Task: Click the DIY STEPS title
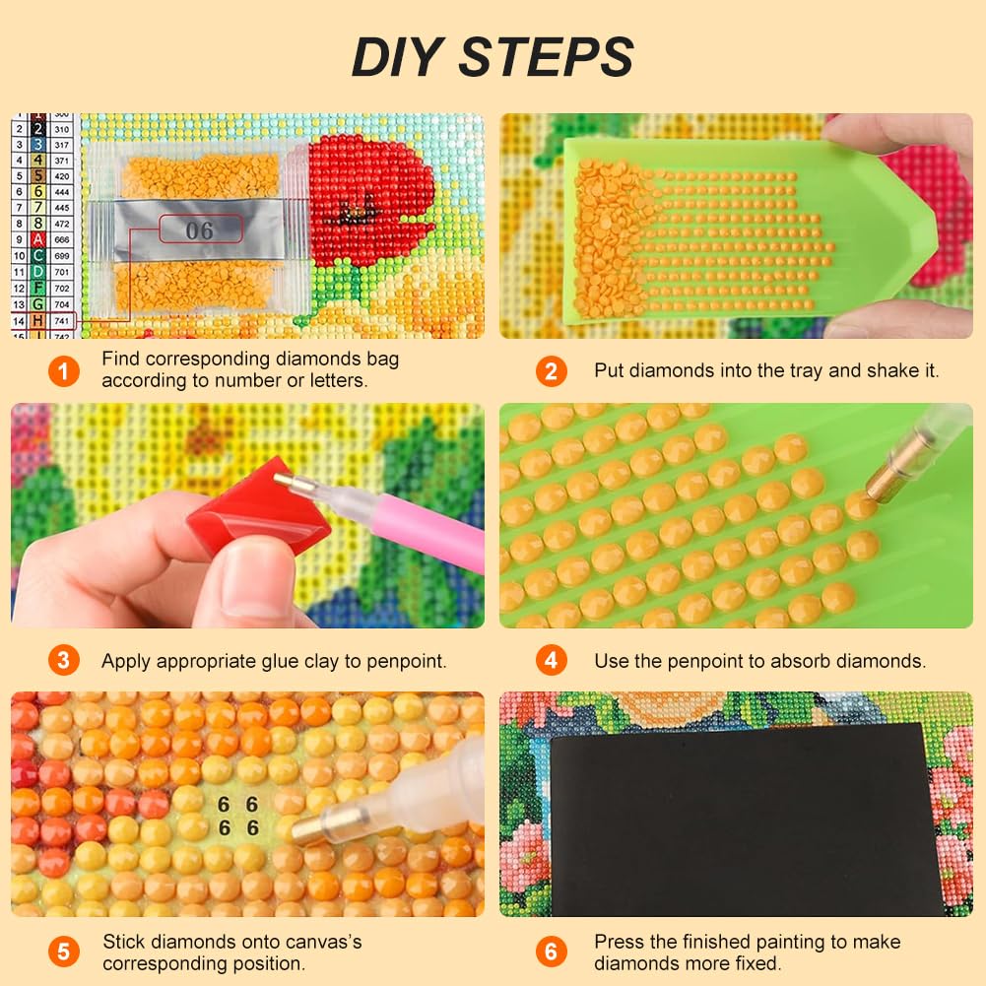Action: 493,56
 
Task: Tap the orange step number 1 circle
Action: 64,371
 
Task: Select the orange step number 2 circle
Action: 551,371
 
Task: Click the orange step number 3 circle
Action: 64,660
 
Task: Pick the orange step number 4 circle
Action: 551,660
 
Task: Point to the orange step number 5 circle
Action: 64,953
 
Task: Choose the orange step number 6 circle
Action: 551,953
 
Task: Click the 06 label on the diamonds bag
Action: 200,230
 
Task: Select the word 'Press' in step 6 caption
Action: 620,942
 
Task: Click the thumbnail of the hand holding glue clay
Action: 247,515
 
